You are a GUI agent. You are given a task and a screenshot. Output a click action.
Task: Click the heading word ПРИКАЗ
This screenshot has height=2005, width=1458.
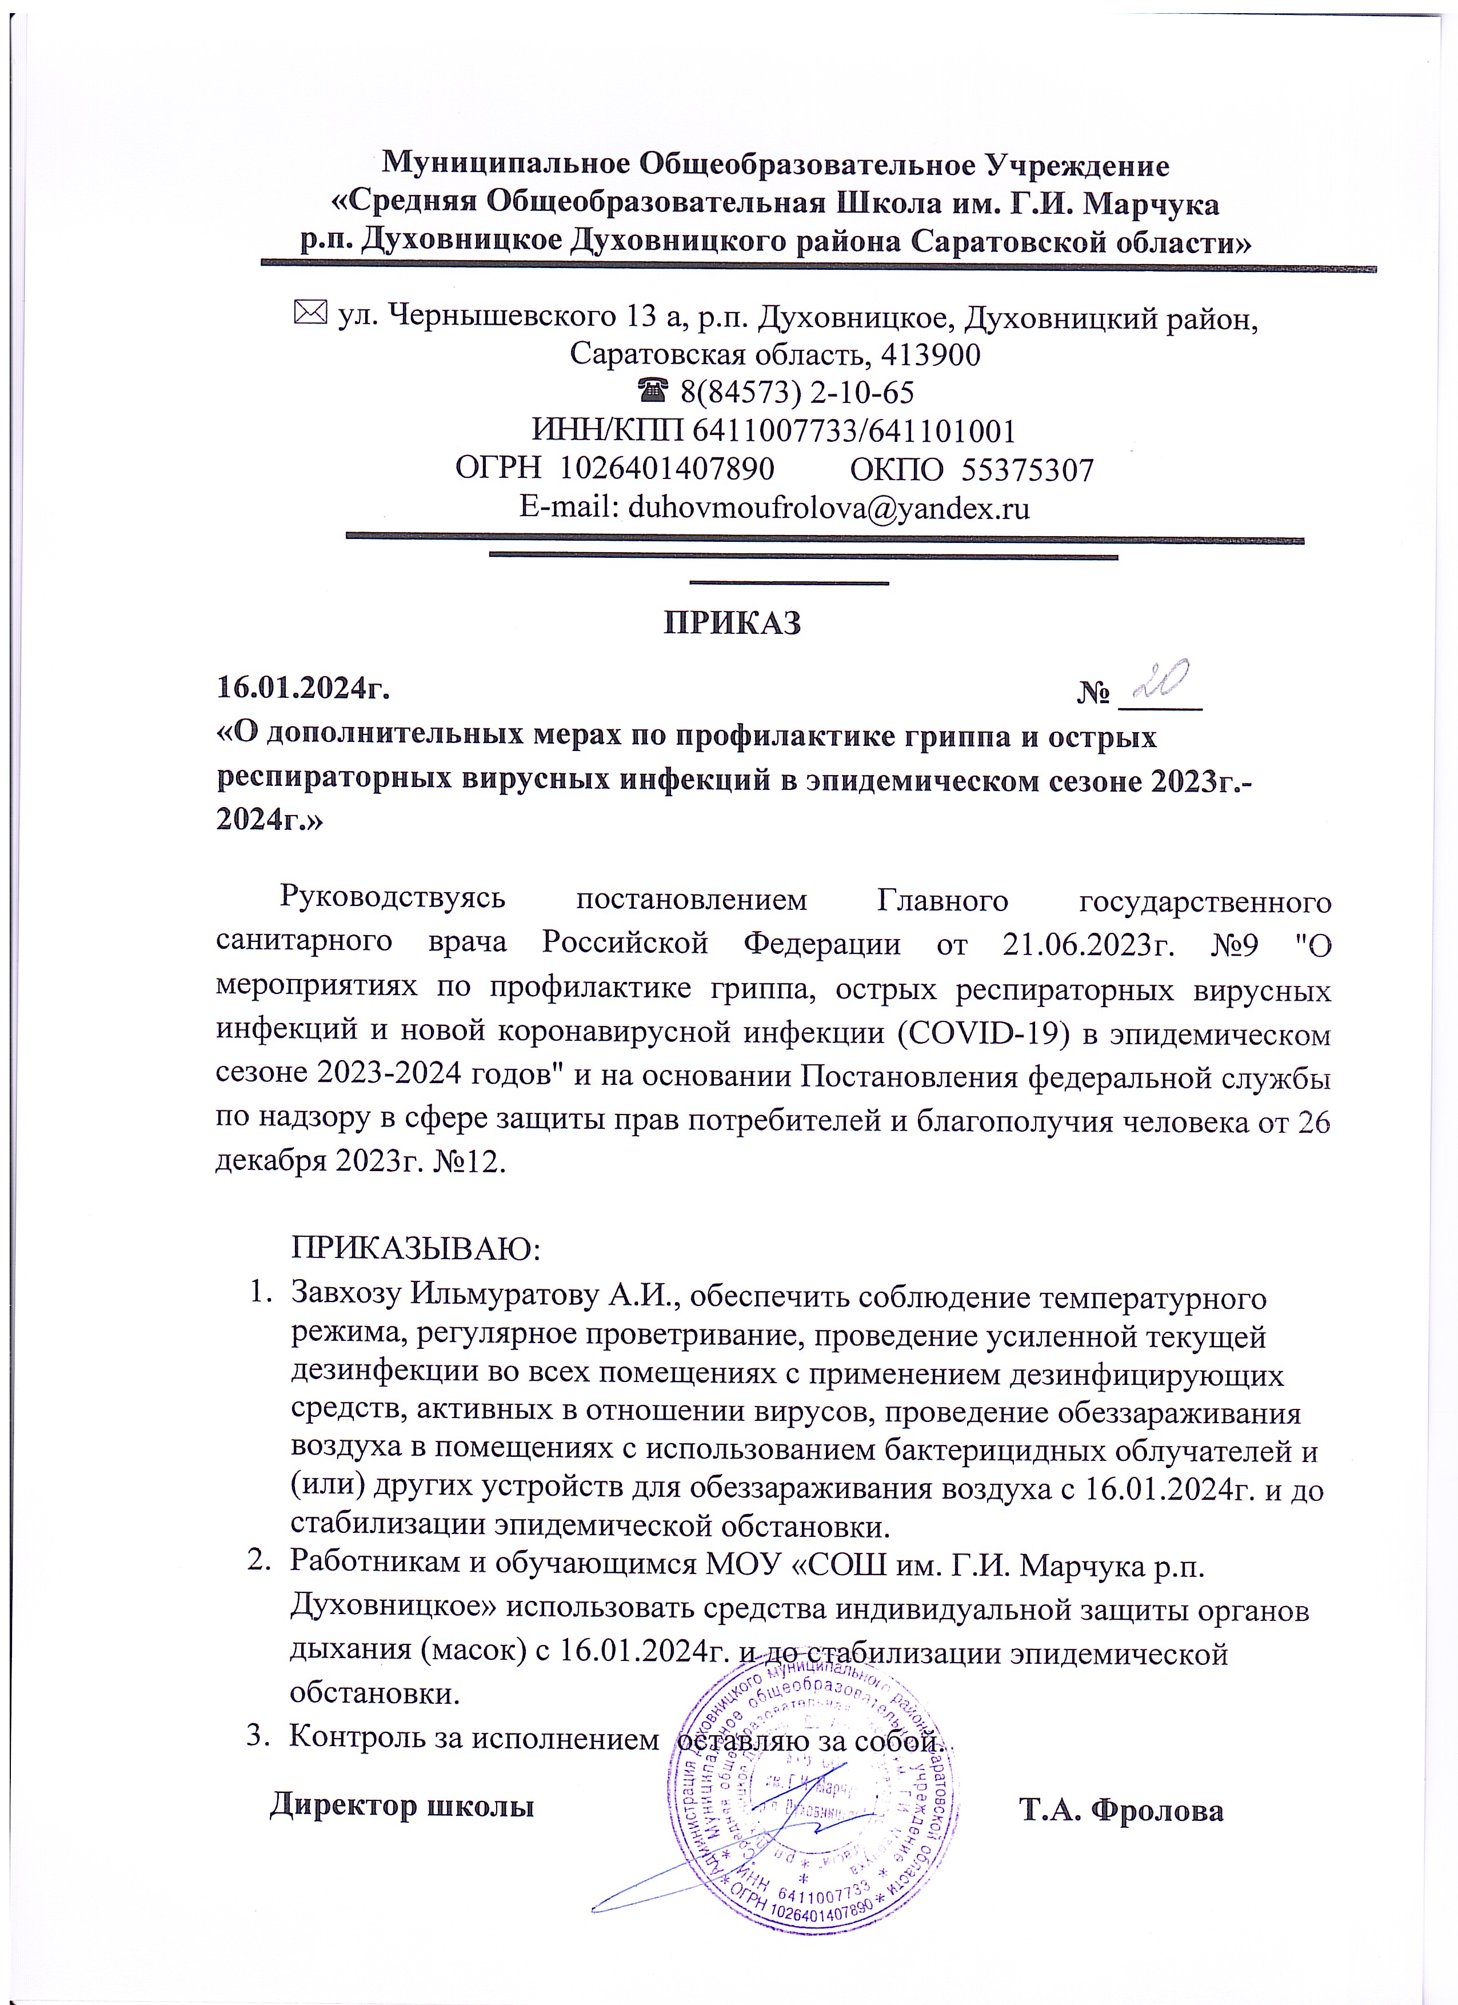[732, 623]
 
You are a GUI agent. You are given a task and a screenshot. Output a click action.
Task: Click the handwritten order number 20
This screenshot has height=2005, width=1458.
[1163, 682]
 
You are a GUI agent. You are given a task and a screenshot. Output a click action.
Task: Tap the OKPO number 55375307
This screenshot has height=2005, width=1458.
[1026, 469]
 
